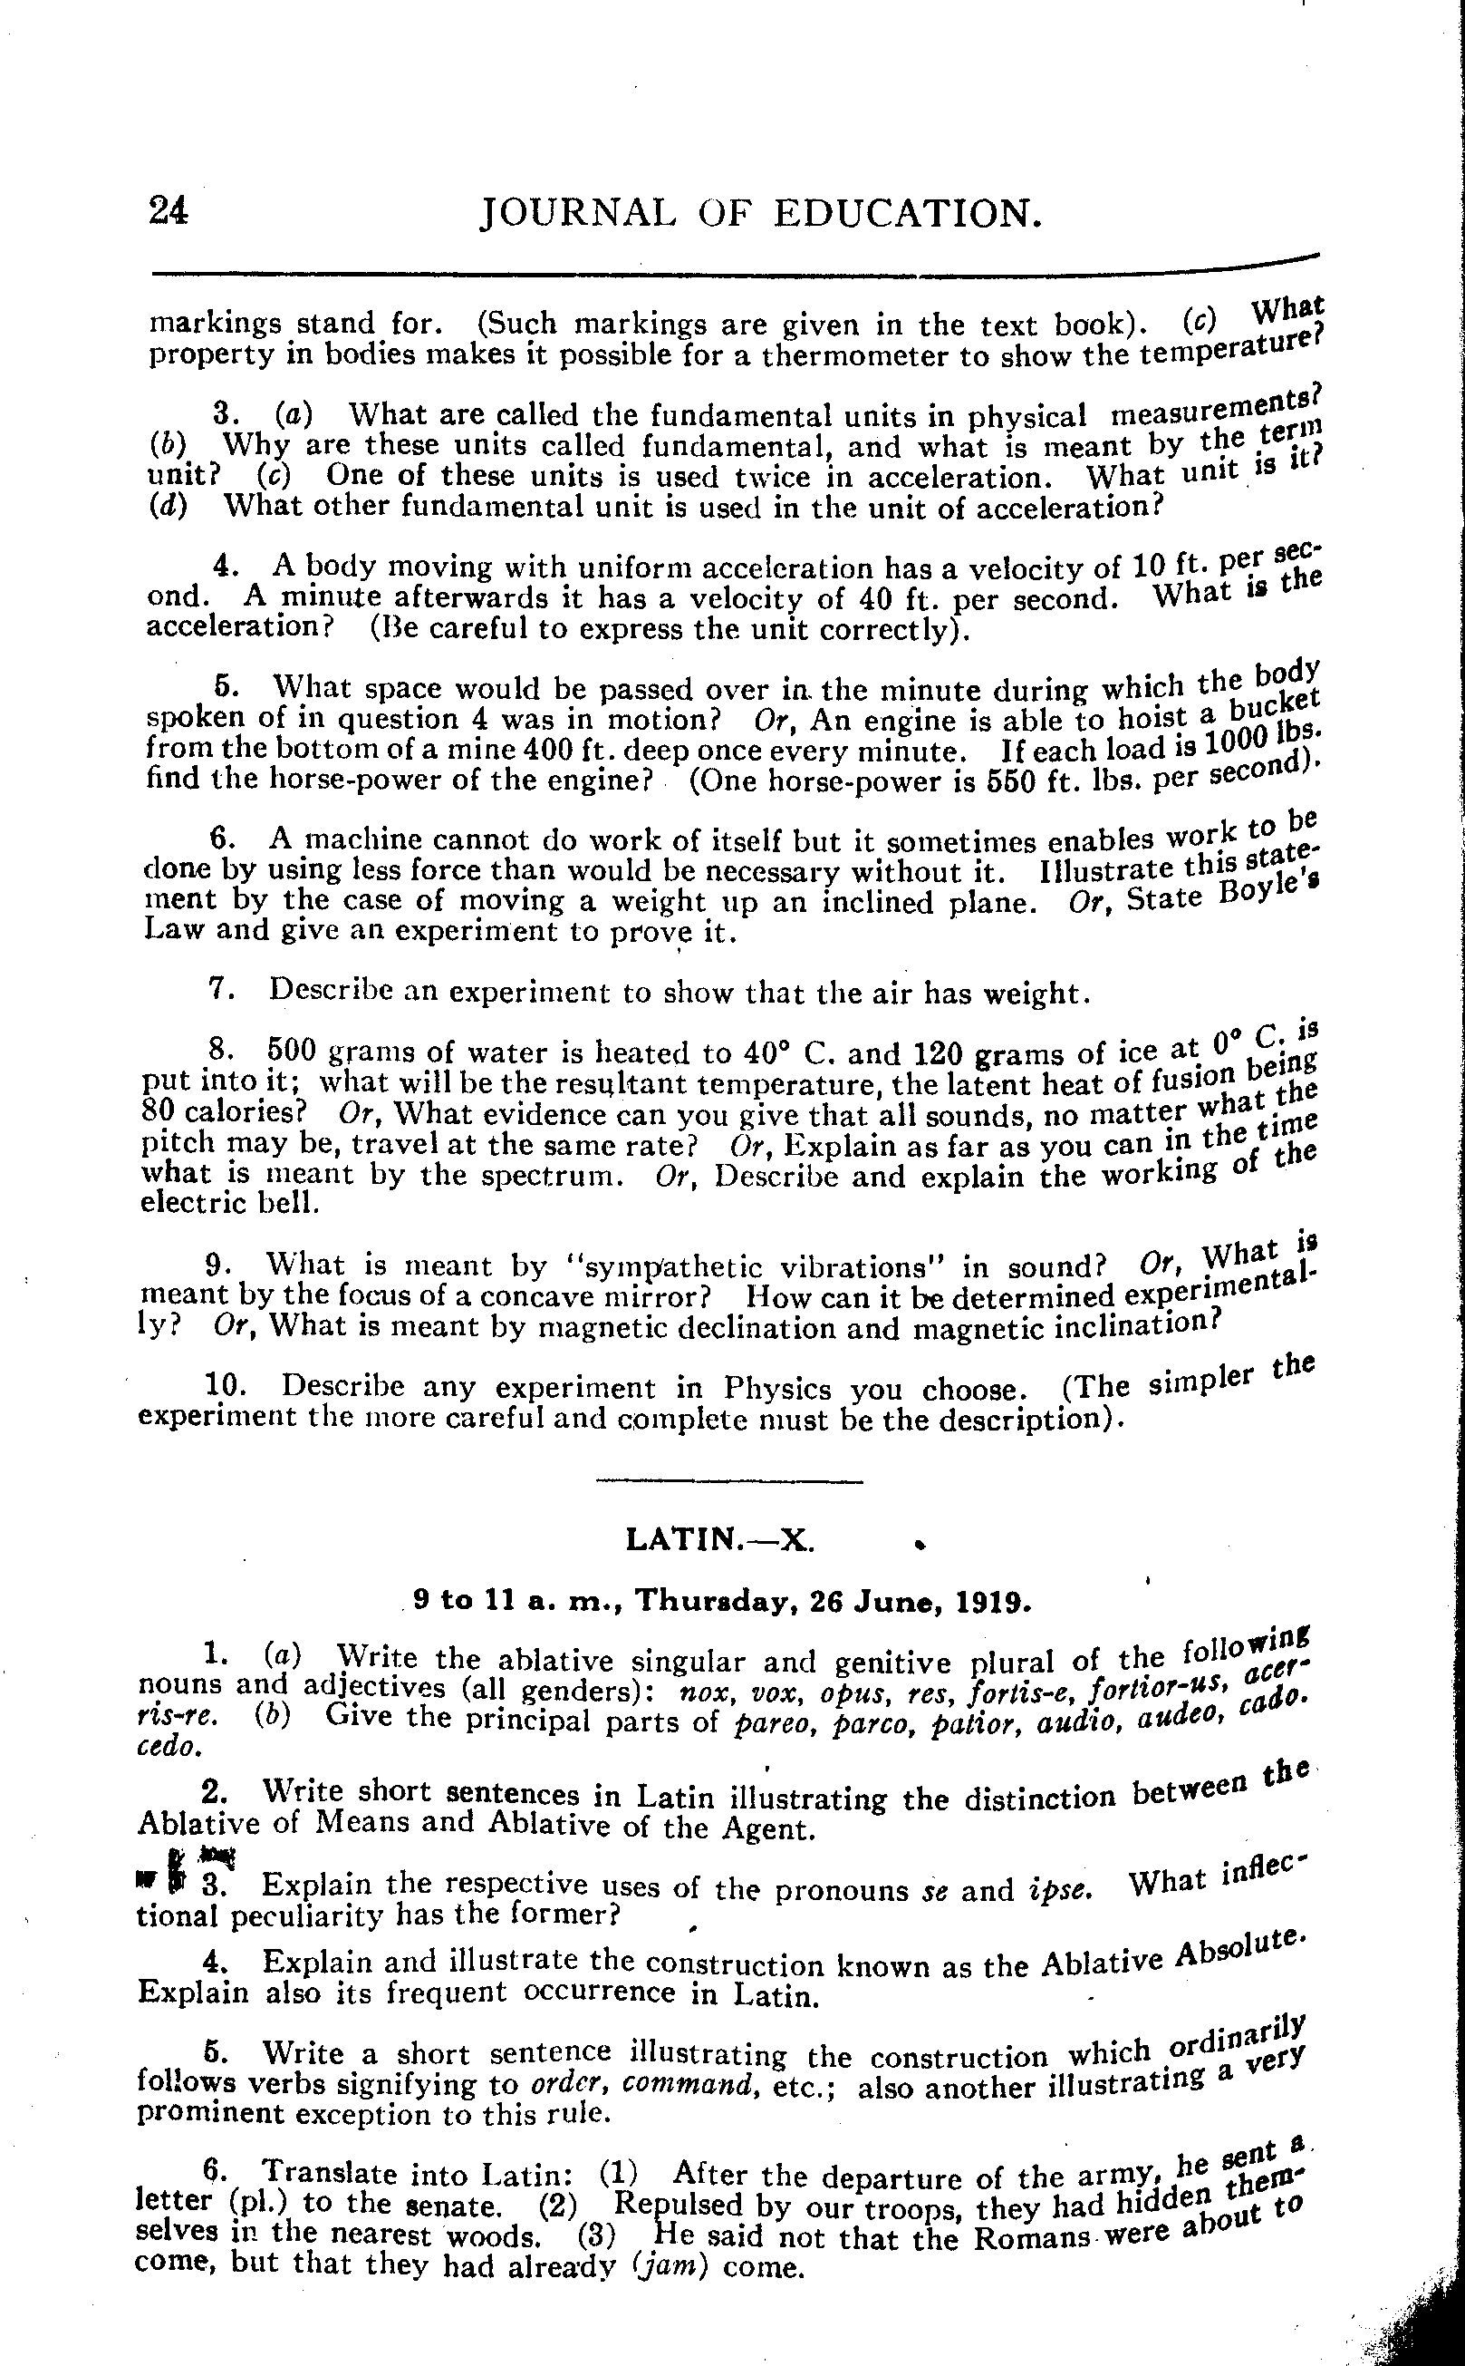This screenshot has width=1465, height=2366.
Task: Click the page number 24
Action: pos(169,210)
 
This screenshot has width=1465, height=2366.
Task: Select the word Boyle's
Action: pos(1269,887)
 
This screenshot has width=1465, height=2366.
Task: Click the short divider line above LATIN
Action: pos(728,1481)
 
